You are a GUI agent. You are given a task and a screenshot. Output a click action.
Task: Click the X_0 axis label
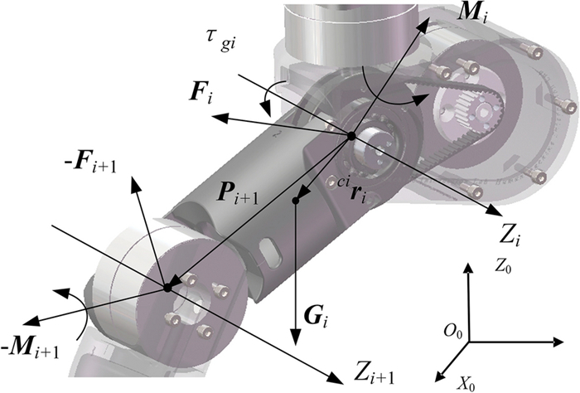click(x=466, y=384)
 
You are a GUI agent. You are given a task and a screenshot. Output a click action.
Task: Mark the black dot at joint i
click(x=351, y=136)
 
